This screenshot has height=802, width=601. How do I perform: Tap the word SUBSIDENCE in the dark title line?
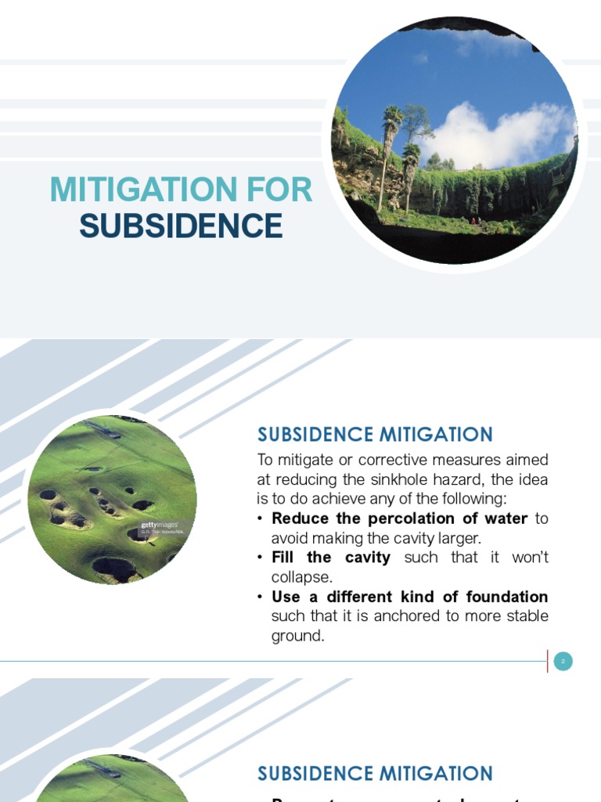click(x=181, y=226)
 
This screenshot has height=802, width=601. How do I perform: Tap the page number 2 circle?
click(x=563, y=662)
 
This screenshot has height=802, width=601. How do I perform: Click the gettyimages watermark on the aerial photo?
click(x=159, y=525)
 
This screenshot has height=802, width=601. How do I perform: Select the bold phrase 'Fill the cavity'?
click(x=330, y=558)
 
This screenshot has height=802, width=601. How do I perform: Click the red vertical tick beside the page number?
click(x=547, y=662)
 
